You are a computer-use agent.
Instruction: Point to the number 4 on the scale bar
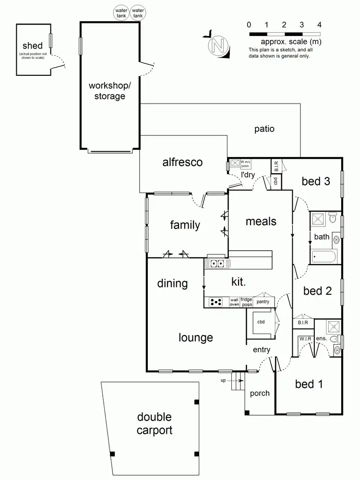pos(319,24)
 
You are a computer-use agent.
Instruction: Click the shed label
pos(33,46)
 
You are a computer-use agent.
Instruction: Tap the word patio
pos(264,129)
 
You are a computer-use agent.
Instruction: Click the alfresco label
pos(182,162)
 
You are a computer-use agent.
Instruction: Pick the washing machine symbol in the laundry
pos(235,164)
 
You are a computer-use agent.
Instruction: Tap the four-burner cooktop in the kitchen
pos(216,302)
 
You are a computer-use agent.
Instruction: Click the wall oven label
pos(234,302)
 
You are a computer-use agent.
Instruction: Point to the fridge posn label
pos(246,302)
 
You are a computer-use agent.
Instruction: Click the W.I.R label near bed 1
pos(305,338)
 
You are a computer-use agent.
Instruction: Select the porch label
pos(260,393)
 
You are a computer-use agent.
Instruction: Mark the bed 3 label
pos(315,181)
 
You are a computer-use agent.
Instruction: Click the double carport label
pos(154,424)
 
